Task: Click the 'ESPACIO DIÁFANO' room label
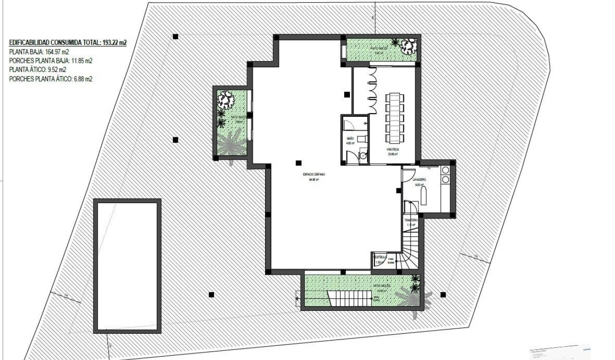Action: pos(313,175)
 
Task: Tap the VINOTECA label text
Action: pos(393,149)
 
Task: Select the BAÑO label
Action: pos(350,138)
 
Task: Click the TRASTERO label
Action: pos(411,220)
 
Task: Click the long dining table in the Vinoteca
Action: pos(394,119)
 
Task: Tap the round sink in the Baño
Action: pos(363,155)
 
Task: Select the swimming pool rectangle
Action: pos(127,266)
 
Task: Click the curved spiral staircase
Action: pos(409,250)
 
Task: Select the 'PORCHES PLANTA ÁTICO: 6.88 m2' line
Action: pos(51,79)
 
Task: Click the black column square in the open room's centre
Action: pos(298,163)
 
